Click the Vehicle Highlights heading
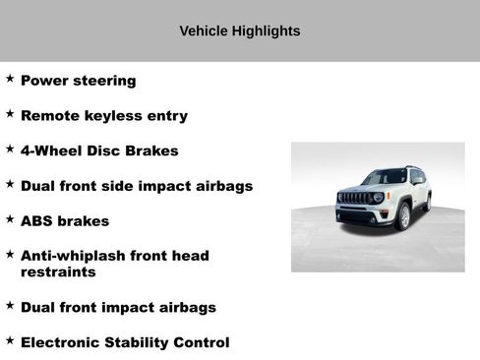[239, 31]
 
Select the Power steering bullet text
[78, 81]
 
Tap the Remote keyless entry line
[103, 116]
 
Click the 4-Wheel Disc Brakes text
[99, 150]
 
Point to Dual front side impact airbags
[137, 186]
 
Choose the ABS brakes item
[65, 221]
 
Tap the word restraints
[58, 271]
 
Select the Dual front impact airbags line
[118, 308]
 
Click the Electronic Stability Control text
[125, 343]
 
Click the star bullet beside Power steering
[10, 78]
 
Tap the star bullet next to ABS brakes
[10, 218]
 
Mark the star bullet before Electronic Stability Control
[10, 340]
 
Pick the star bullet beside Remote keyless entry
[10, 113]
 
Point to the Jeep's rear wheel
[427, 204]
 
